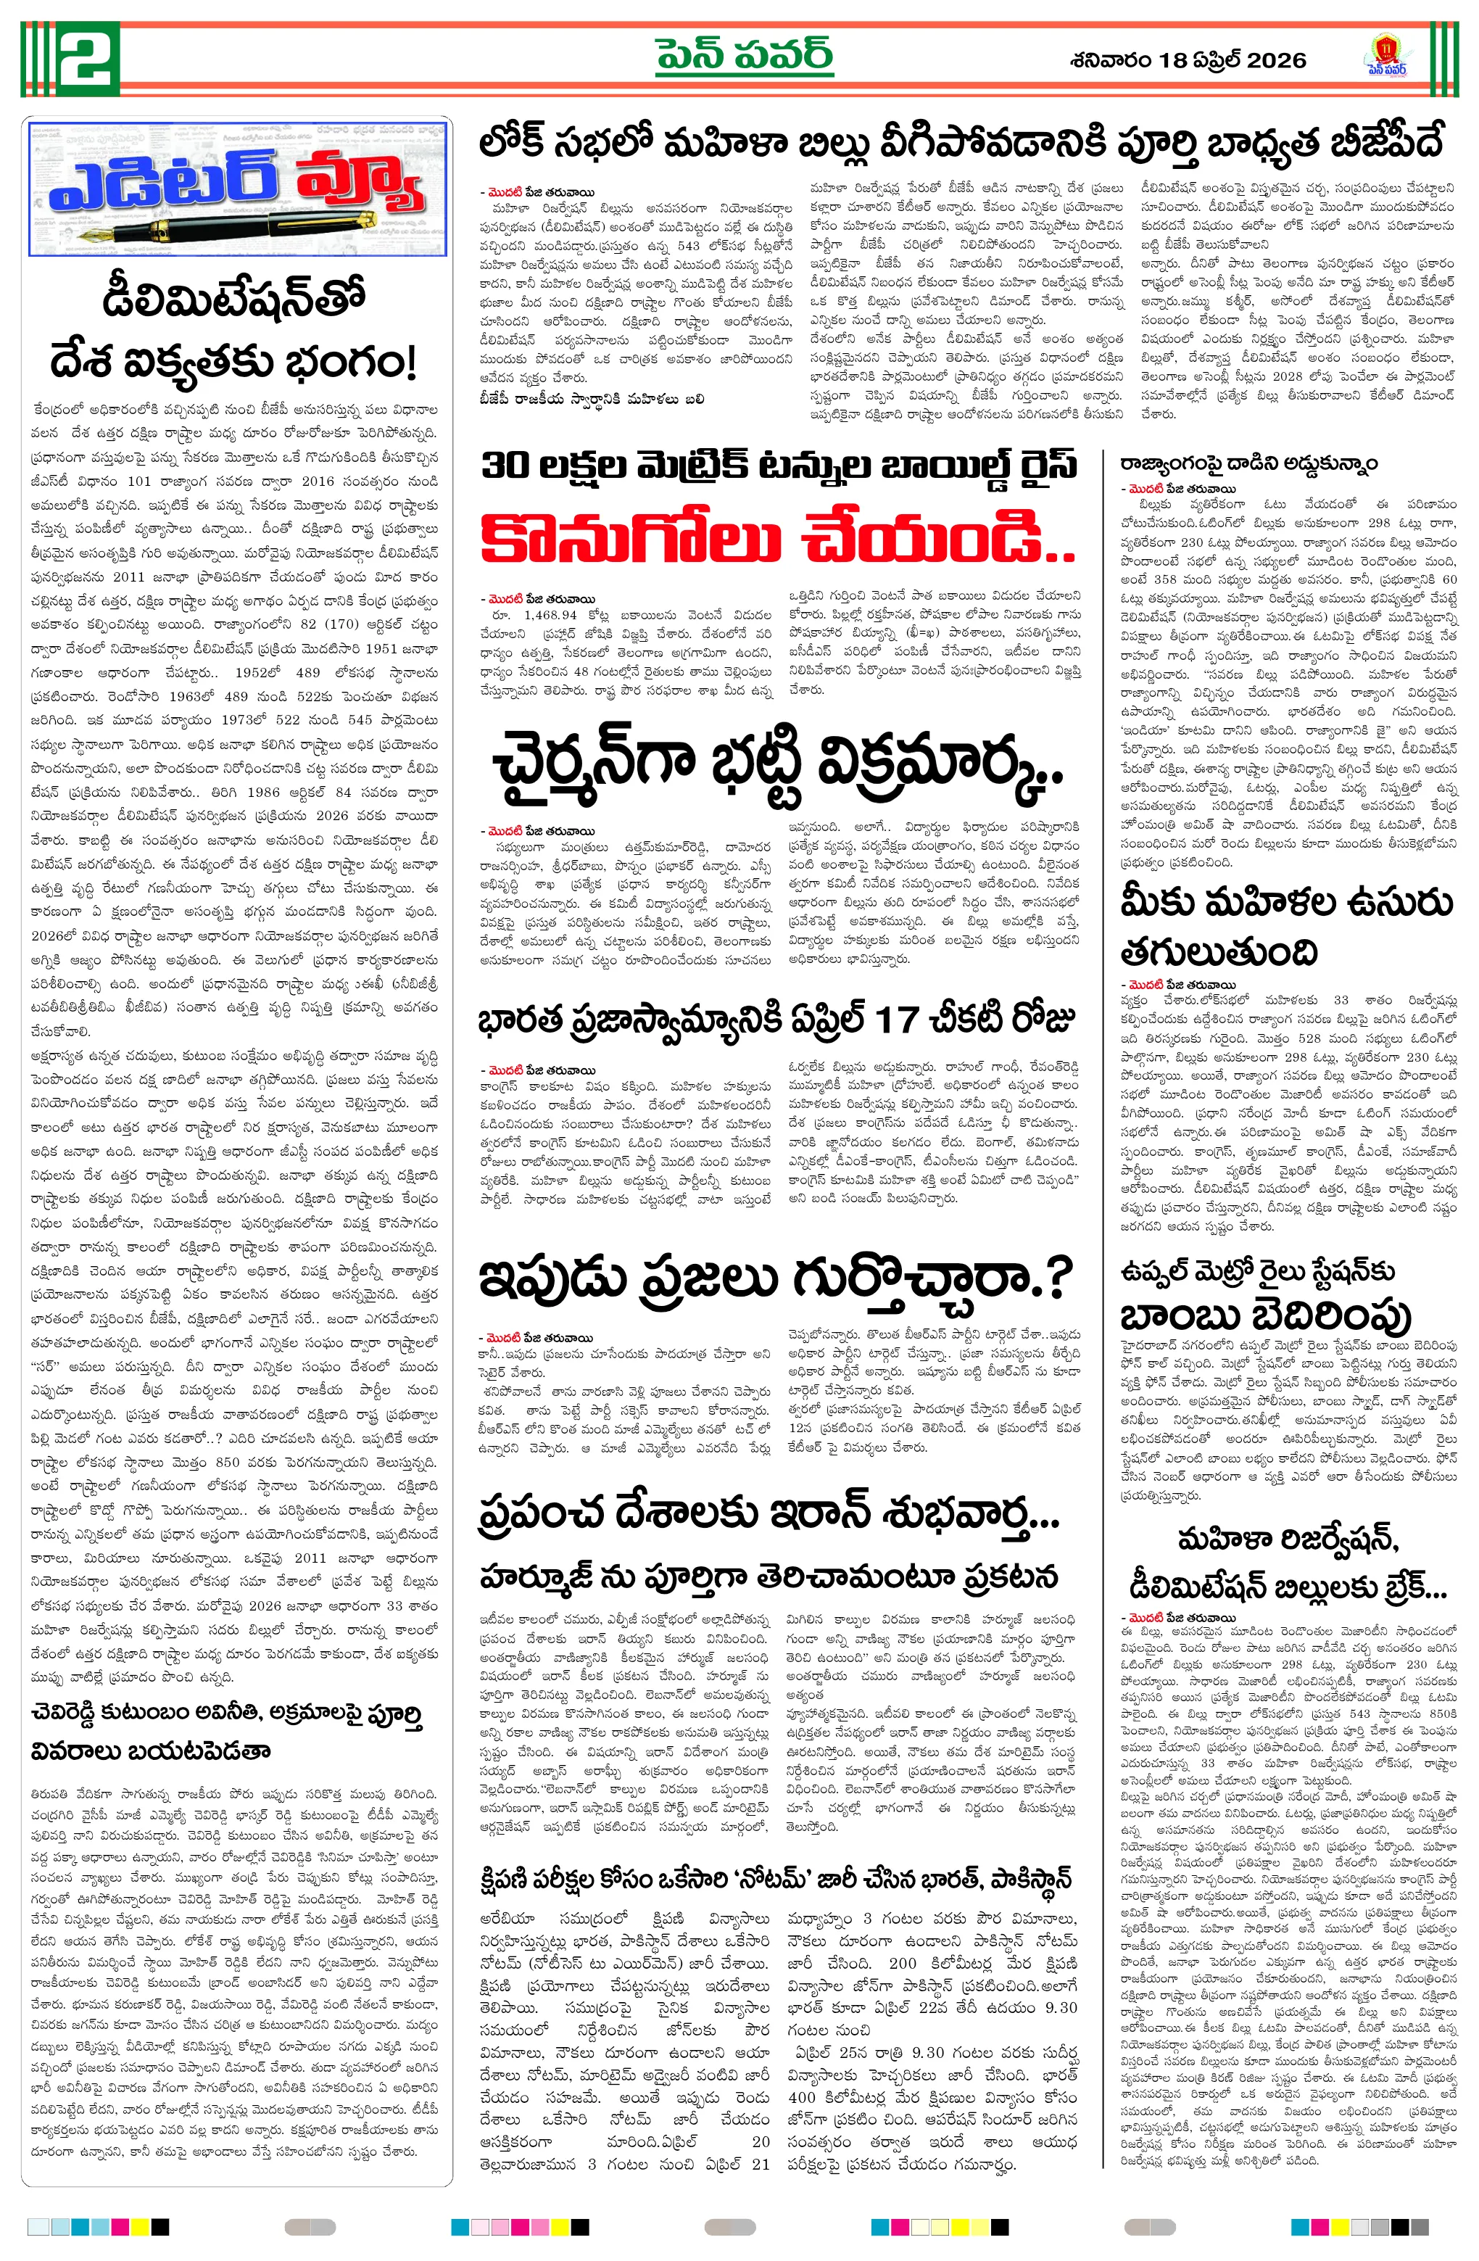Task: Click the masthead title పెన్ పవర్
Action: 744,55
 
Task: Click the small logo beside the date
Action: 1386,57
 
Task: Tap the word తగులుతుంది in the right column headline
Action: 1219,951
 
